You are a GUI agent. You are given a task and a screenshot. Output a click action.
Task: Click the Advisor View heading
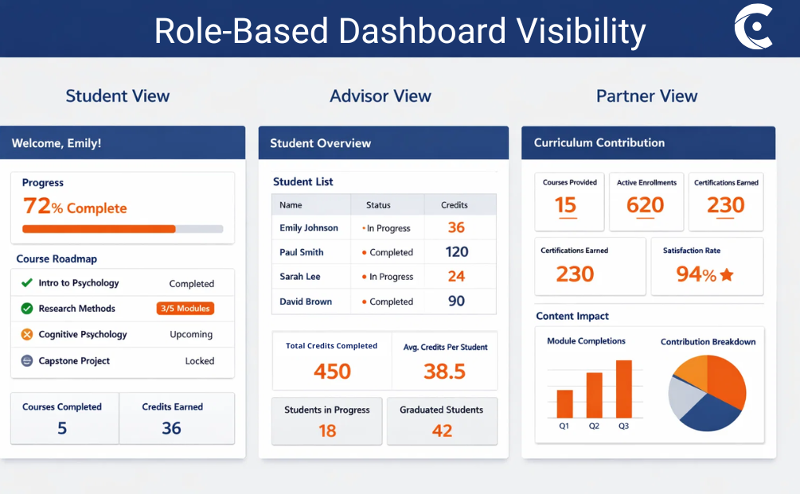380,96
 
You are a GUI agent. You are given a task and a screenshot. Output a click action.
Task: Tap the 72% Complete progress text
75,207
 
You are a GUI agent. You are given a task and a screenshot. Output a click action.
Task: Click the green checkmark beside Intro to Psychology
26,283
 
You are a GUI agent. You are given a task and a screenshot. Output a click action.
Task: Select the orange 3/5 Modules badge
185,309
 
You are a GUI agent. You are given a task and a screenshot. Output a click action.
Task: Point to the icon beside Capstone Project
26,361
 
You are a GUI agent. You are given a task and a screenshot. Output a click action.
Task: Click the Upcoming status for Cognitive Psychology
191,335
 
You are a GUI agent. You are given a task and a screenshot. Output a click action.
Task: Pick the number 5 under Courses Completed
62,429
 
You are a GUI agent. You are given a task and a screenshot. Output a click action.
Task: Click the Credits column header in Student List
455,205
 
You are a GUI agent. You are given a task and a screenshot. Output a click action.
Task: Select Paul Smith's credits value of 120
457,252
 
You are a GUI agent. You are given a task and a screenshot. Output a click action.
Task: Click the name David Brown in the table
306,301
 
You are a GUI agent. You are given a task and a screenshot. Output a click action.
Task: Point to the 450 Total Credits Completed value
332,371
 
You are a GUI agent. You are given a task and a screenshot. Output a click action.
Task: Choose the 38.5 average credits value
445,371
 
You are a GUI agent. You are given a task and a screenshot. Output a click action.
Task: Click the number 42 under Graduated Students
442,431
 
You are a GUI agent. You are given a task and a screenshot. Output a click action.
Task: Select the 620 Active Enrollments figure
645,206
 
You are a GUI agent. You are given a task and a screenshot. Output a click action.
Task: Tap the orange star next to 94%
726,275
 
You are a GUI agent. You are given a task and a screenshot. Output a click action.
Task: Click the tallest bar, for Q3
623,389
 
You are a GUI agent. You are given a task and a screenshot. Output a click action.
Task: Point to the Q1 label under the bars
564,426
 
